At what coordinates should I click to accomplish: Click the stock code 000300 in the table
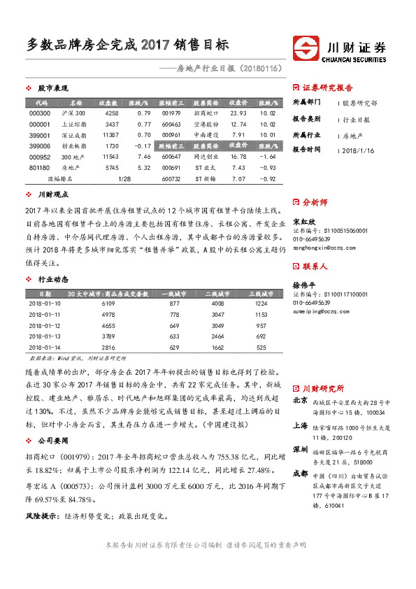pyautogui.click(x=40, y=113)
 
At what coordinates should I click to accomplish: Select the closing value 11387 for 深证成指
pyautogui.click(x=111, y=134)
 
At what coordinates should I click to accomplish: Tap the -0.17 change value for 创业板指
pyautogui.click(x=143, y=146)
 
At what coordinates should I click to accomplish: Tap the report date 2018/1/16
pyautogui.click(x=359, y=149)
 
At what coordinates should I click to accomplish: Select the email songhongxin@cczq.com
pyautogui.click(x=321, y=248)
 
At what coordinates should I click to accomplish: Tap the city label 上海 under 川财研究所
pyautogui.click(x=300, y=425)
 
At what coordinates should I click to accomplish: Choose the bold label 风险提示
pyautogui.click(x=39, y=516)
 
